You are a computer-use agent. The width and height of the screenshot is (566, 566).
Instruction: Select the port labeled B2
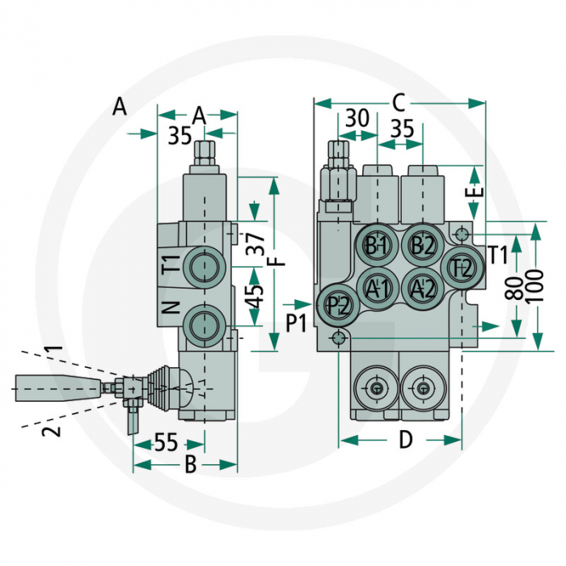pos(423,245)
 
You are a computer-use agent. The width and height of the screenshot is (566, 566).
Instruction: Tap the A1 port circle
pos(377,286)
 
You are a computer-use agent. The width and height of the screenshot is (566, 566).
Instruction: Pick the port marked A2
pos(423,286)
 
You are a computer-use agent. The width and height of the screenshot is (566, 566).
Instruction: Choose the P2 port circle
pos(338,306)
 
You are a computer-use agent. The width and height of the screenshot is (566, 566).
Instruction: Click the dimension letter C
pos(399,103)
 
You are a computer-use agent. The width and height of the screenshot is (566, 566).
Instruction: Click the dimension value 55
pos(166,443)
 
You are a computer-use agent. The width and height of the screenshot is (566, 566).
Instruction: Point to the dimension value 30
pos(357,118)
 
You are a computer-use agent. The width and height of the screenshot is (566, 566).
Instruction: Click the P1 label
pos(297,323)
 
